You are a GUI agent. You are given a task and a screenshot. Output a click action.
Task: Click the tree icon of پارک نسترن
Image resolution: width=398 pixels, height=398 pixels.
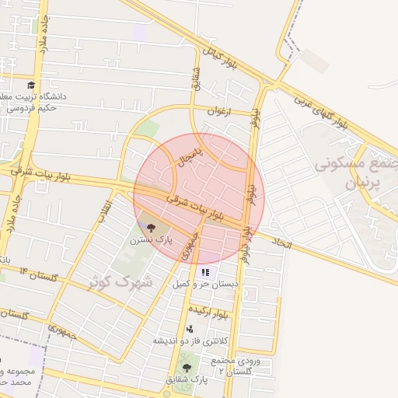click(150, 228)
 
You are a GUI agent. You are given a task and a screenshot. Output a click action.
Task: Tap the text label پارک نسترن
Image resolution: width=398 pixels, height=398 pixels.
click(150, 242)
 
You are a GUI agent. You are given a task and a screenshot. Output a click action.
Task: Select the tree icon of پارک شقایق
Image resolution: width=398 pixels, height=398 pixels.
click(186, 367)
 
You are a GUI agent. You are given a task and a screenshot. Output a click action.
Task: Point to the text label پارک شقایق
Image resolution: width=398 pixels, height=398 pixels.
click(187, 380)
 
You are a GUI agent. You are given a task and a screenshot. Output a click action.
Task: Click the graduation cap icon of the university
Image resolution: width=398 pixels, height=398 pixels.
click(30, 85)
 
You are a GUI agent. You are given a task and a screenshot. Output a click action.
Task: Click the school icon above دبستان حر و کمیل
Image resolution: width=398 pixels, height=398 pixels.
click(205, 272)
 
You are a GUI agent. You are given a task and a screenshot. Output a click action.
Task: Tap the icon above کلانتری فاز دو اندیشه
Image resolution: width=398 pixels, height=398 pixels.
click(190, 329)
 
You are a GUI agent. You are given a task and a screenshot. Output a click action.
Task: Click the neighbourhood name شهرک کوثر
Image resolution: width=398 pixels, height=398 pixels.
click(120, 283)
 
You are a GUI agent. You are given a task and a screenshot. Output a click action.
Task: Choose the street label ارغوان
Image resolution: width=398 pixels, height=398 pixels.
click(220, 111)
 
